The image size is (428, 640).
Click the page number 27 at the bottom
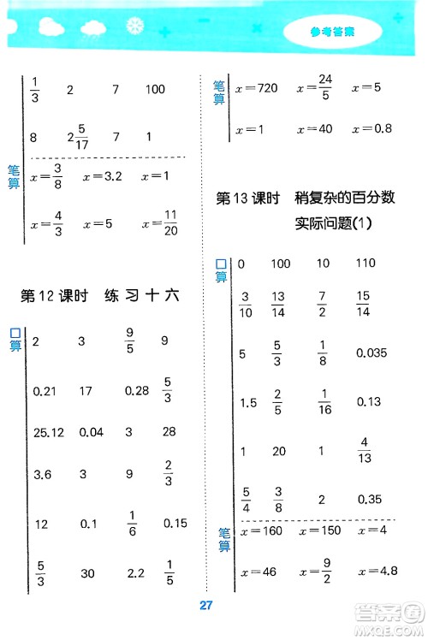(x=205, y=607)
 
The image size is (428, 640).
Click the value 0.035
(x=373, y=352)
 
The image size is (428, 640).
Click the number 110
(x=366, y=264)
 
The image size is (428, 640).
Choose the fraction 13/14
(x=278, y=302)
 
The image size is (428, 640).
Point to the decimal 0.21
(x=44, y=391)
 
